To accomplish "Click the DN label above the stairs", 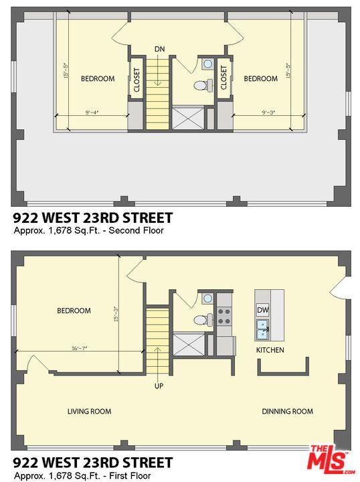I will [x=159, y=49].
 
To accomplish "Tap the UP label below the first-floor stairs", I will [x=159, y=386].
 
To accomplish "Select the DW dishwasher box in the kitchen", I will [x=263, y=310].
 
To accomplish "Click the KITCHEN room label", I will [x=270, y=350].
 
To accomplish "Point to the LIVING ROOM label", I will [x=89, y=411].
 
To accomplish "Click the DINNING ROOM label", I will [x=287, y=411].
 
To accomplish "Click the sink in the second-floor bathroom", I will [x=207, y=65].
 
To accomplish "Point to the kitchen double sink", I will [x=263, y=329].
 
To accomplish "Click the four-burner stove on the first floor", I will [x=224, y=316].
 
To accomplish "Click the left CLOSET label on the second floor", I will [x=137, y=80].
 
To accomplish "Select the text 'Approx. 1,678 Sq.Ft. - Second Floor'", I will [x=88, y=231].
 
